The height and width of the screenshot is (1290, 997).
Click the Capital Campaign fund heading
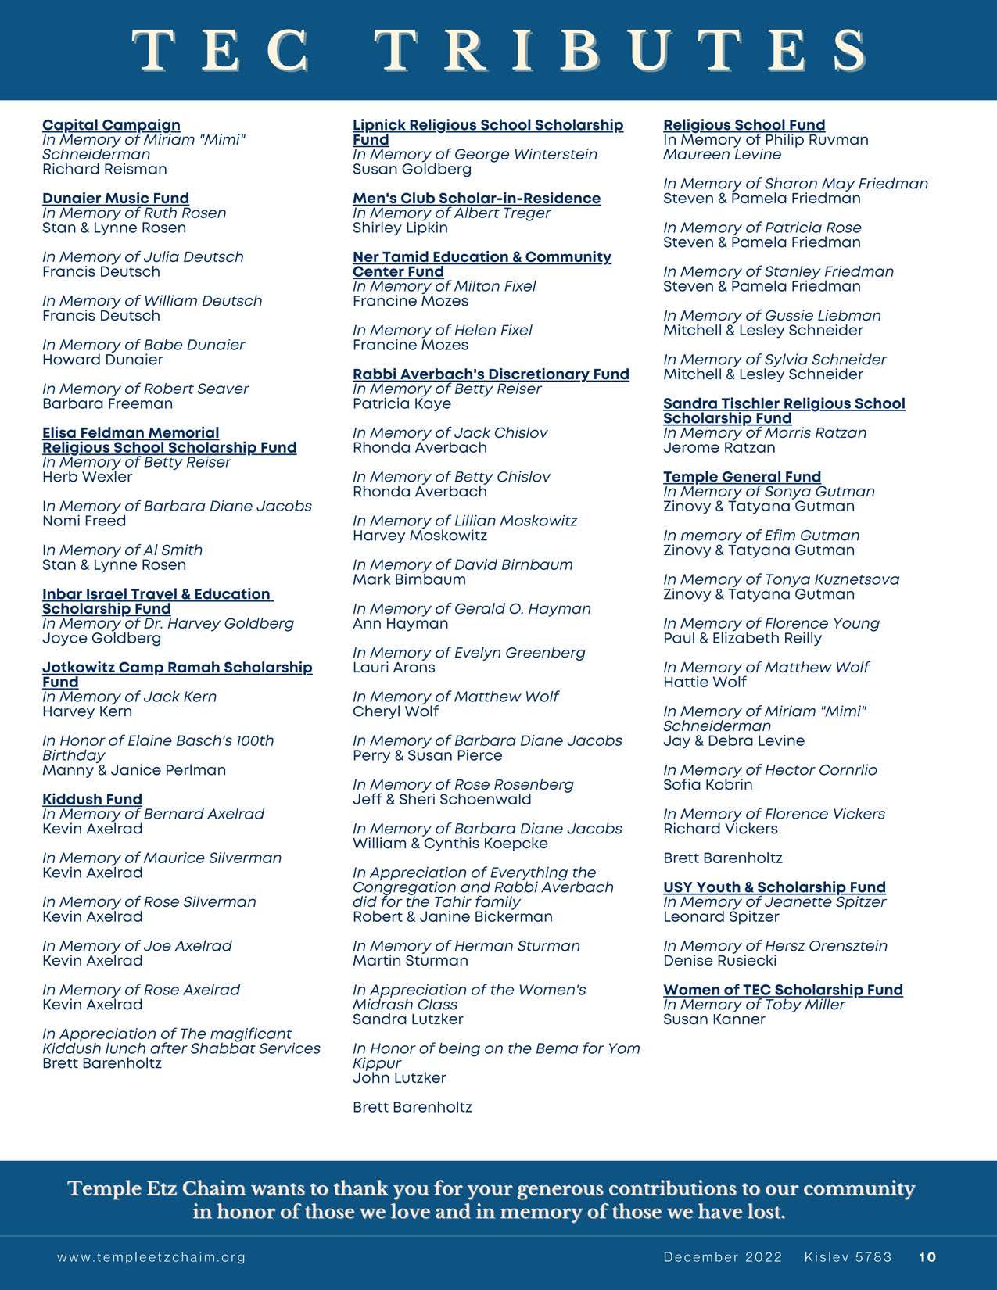coord(111,125)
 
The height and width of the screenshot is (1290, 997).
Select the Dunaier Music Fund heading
coord(116,199)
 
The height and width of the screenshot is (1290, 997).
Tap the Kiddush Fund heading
coord(92,799)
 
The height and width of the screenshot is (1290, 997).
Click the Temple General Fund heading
coord(742,477)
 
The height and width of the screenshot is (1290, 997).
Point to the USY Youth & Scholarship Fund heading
coord(774,887)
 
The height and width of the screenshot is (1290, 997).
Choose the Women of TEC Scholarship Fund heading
coord(783,990)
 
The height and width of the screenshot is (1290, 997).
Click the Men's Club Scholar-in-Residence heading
coord(476,199)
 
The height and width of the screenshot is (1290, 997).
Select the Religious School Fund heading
coord(744,125)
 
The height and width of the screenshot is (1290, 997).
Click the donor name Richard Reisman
coord(105,170)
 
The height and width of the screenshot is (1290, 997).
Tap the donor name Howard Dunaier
coord(102,360)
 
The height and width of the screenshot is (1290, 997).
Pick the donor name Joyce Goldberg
coord(102,639)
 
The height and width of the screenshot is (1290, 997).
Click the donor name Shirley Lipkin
coord(400,228)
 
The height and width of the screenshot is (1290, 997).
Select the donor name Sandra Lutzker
coord(408,1019)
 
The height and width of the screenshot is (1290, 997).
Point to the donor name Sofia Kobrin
coord(708,785)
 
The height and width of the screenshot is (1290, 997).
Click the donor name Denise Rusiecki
coord(719,961)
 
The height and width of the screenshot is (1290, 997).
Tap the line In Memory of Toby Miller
coord(754,1005)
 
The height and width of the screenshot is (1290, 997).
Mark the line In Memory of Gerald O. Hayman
coord(472,609)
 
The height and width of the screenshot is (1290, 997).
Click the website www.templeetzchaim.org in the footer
coord(152,1257)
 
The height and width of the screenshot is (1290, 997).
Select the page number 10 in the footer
coord(927,1257)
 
